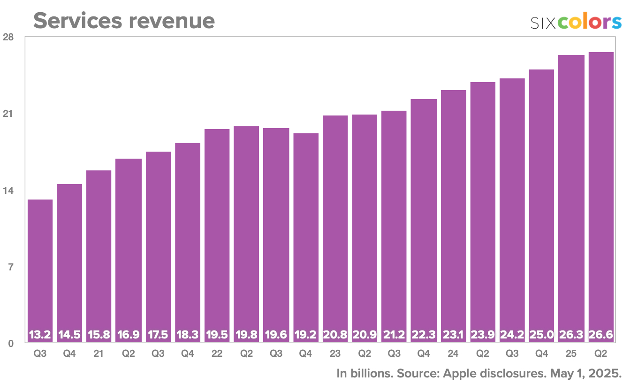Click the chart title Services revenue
point(124,21)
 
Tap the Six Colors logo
point(576,23)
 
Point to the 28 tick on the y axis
point(8,37)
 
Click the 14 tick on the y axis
point(8,191)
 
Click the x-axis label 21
point(99,354)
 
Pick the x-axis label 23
point(335,354)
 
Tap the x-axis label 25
point(571,354)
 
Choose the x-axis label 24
point(453,354)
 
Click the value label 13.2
point(40,335)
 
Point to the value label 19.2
point(306,335)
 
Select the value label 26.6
point(601,335)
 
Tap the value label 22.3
point(424,335)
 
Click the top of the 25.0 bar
point(541,70)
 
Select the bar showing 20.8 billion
point(335,225)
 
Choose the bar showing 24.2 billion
point(512,207)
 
